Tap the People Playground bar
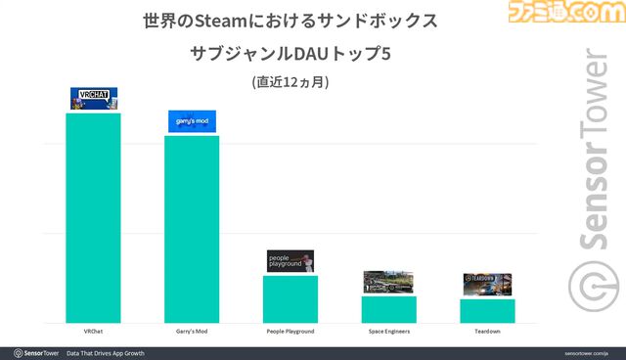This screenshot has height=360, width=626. coord(291,298)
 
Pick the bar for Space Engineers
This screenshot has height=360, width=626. coord(388,309)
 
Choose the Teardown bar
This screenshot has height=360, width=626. coord(487,310)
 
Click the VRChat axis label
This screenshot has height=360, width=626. coord(94,332)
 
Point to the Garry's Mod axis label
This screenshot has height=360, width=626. coord(192,332)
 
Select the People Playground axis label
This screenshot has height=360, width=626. coord(291,332)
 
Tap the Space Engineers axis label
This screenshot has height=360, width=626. coord(388,332)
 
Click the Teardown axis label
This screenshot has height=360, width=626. coord(487,332)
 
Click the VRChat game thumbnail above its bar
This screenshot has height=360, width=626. coord(94,99)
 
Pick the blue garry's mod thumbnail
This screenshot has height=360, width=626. coord(192,121)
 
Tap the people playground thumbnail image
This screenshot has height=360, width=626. coord(291,261)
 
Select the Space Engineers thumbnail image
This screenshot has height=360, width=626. coord(388,282)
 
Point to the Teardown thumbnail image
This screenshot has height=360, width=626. coord(487,284)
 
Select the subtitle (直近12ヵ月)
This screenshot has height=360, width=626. coord(290,82)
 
